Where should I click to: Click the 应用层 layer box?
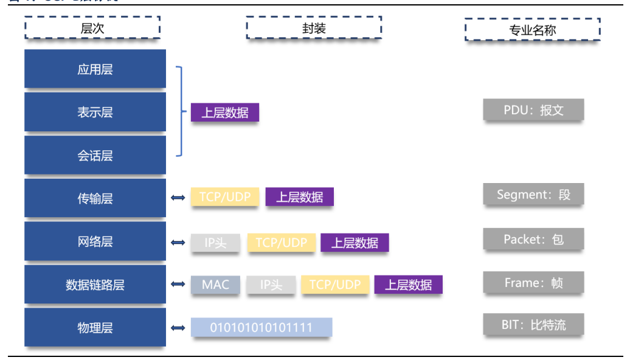pyautogui.click(x=95, y=69)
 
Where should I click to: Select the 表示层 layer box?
pyautogui.click(x=95, y=112)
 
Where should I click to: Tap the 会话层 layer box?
pyautogui.click(x=95, y=155)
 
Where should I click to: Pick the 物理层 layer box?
pyautogui.click(x=95, y=327)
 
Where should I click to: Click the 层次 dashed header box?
pyautogui.click(x=92, y=27)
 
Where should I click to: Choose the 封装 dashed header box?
pyautogui.click(x=314, y=27)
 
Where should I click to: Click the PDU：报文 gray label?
pyautogui.click(x=533, y=109)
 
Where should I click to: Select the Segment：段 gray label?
pyautogui.click(x=533, y=195)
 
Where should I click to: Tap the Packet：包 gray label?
pyautogui.click(x=533, y=239)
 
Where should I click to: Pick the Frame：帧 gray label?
pyautogui.click(x=533, y=283)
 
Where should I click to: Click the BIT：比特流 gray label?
pyautogui.click(x=533, y=325)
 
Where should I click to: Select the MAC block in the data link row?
pyautogui.click(x=215, y=285)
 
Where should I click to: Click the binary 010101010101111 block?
pyautogui.click(x=261, y=327)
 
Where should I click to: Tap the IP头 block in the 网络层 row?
pyautogui.click(x=215, y=243)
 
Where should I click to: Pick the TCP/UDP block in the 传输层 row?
pyautogui.click(x=225, y=196)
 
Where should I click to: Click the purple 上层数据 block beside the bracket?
pyautogui.click(x=224, y=112)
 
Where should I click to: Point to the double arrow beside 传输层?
pyautogui.click(x=178, y=198)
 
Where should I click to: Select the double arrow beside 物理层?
pyautogui.click(x=178, y=328)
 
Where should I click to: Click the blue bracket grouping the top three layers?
pyautogui.click(x=181, y=112)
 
